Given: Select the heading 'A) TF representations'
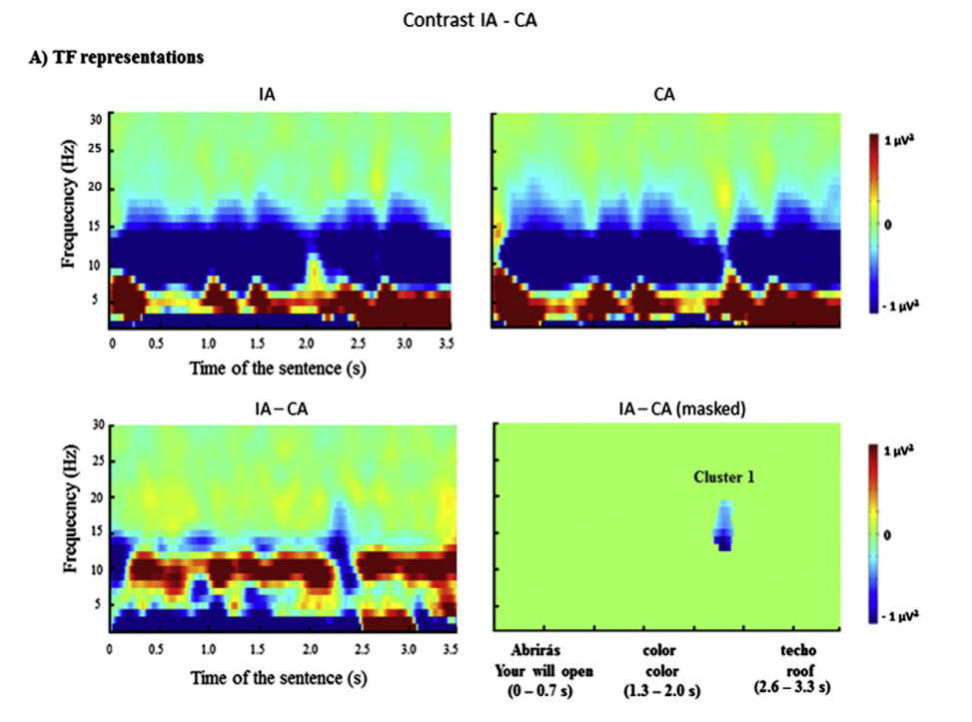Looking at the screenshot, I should pos(117,57).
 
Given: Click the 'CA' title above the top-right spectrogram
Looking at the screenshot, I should pos(665,96).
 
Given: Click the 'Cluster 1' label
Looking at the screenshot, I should pos(724,477).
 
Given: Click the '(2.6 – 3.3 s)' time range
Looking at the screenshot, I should pos(795,688).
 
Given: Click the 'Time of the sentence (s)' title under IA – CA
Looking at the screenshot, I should pos(277,678).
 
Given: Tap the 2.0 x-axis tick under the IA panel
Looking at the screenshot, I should pos(306,342).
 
